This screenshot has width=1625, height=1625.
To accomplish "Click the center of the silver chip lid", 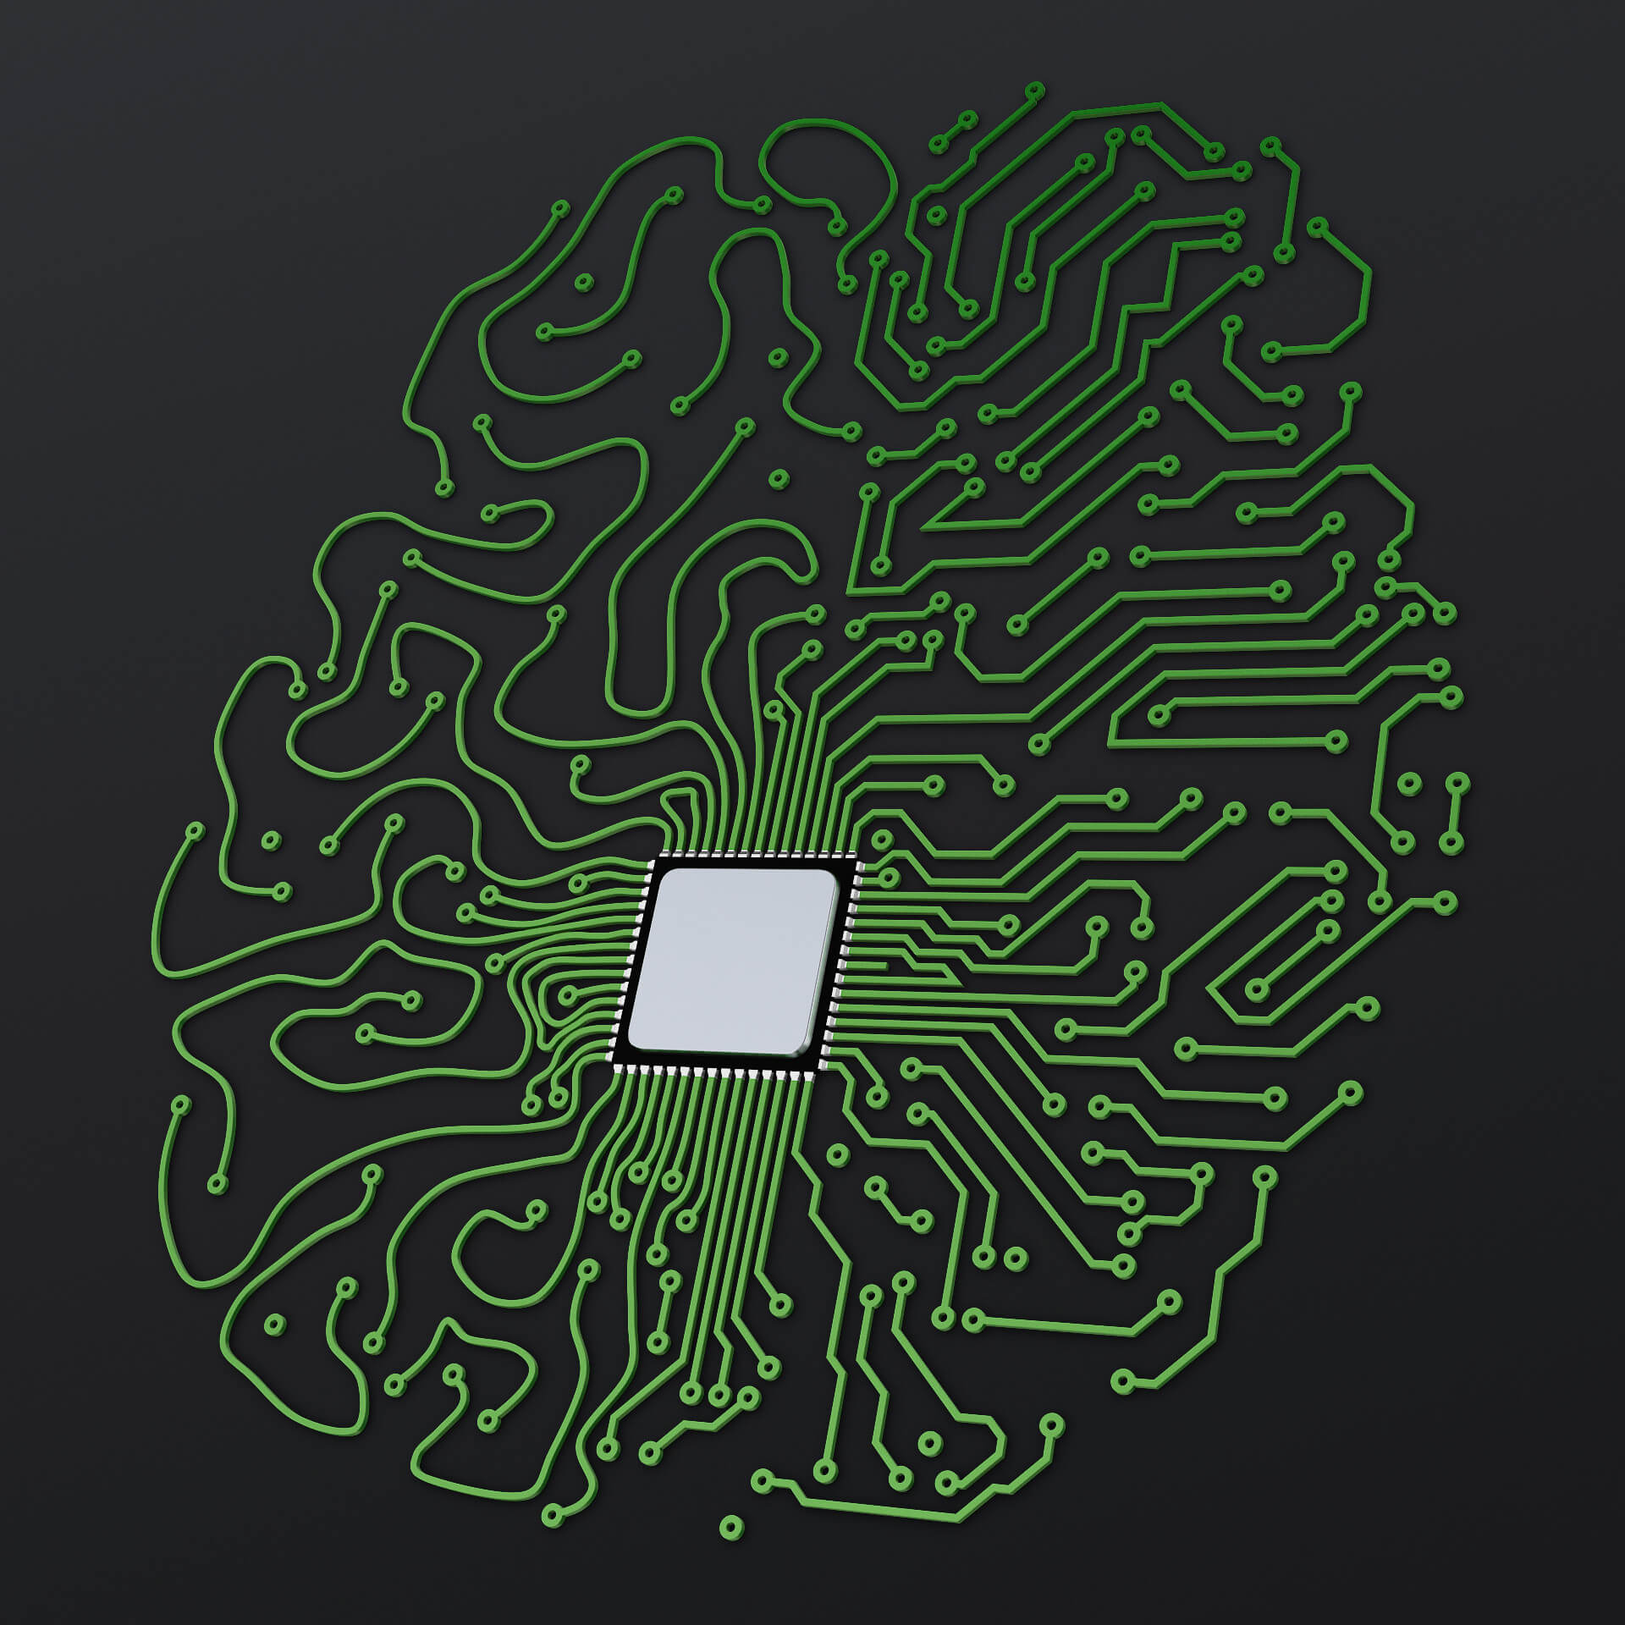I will click(x=733, y=963).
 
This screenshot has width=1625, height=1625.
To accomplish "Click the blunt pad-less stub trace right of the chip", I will click(x=885, y=964).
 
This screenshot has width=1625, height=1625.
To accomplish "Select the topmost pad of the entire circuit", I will click(x=1033, y=91).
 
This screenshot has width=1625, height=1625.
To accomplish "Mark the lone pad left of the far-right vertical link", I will click(x=1407, y=784).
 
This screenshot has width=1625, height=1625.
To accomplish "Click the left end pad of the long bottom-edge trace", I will click(x=762, y=1481).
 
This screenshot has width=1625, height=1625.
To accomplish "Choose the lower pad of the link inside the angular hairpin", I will click(x=1257, y=989).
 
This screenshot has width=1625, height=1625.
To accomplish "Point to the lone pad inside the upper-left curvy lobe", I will click(x=583, y=282).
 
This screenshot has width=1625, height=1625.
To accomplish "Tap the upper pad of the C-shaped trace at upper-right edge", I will click(x=1318, y=226).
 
